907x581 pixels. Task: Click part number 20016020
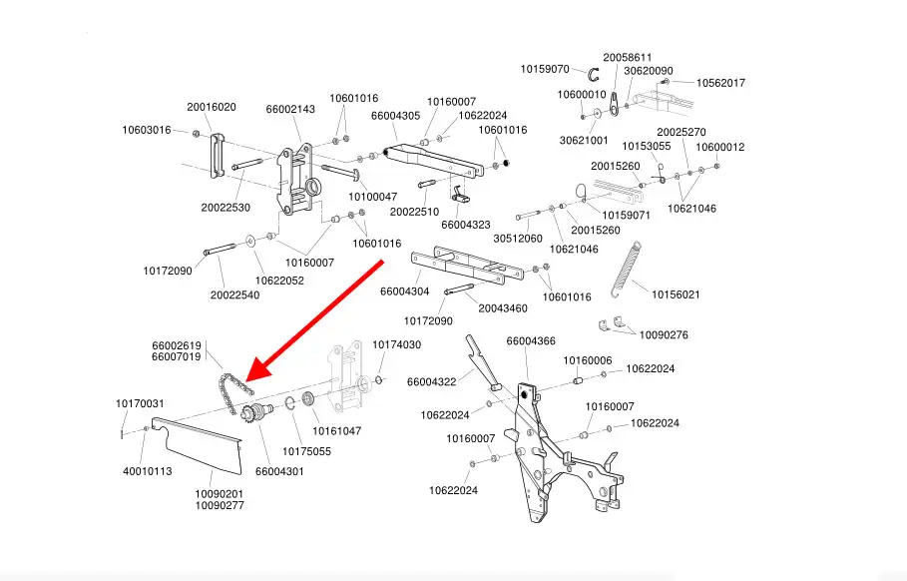(212, 107)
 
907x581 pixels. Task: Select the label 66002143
(290, 110)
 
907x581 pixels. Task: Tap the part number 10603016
(147, 130)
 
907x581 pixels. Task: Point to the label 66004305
(395, 116)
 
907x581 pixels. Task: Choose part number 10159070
(545, 70)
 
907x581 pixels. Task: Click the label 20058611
(628, 58)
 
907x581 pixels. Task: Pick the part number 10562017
(720, 83)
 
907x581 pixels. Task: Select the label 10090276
(664, 335)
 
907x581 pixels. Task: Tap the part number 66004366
(531, 341)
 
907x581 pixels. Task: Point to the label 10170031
(140, 403)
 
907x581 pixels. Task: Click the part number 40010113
(148, 471)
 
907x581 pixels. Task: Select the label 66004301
(279, 471)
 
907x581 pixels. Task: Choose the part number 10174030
(397, 344)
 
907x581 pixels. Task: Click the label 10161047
(337, 431)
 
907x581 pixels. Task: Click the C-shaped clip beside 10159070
(593, 74)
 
